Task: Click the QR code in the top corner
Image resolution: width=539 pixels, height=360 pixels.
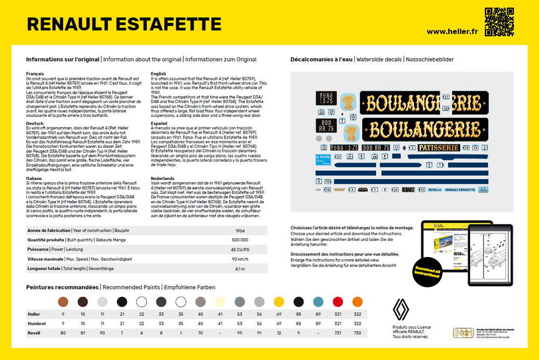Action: click(x=499, y=22)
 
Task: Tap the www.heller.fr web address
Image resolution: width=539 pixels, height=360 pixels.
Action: click(x=452, y=31)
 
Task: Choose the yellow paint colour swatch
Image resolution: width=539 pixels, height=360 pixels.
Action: click(x=279, y=302)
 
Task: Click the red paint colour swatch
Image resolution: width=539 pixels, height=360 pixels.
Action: click(x=338, y=302)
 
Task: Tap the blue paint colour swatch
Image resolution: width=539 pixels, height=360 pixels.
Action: click(x=319, y=302)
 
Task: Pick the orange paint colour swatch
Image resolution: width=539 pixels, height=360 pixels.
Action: click(x=357, y=302)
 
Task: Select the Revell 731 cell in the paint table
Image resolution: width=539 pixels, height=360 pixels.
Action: click(x=338, y=333)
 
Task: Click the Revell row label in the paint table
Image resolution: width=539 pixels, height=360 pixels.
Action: click(x=34, y=333)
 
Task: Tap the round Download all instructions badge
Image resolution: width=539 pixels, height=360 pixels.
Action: click(x=427, y=272)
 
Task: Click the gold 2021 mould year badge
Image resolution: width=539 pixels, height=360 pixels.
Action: click(x=462, y=334)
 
